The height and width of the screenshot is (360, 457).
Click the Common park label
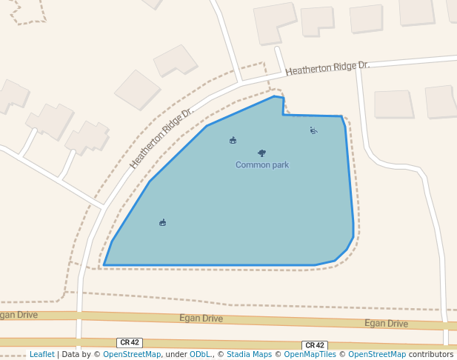coord(262,164)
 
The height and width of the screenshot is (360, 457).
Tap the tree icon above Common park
coord(261,153)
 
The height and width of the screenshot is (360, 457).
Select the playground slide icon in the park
coord(313,130)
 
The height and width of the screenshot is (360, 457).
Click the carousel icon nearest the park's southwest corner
coord(162,222)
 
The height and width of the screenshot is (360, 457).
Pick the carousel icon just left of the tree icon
coord(233,140)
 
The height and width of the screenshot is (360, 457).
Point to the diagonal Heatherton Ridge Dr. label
coord(161,136)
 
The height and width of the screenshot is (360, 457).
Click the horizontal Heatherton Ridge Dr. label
coord(327,67)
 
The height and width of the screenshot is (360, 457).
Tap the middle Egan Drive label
coord(201,319)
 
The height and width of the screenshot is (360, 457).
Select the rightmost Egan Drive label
coord(386,324)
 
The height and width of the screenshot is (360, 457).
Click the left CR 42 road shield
coord(130,342)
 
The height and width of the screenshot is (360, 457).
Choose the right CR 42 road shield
coord(315,345)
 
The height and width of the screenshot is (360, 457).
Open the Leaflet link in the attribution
coord(41,354)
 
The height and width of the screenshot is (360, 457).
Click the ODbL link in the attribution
coord(200,354)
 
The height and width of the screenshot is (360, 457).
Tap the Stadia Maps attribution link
coord(249,354)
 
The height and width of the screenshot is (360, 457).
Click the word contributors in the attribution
coord(431,354)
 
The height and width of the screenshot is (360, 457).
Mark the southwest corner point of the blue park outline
coord(104,264)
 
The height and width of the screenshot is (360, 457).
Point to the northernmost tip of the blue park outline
coord(274,96)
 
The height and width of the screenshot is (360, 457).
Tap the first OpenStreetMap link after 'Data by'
coord(132,354)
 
